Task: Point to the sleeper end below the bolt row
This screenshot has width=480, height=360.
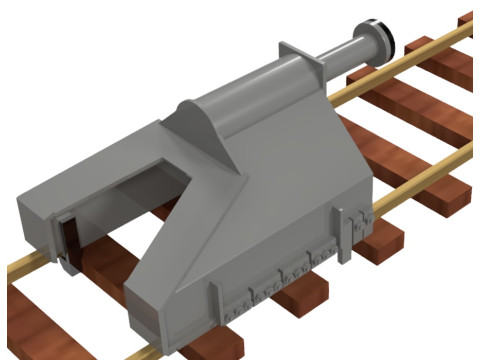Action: (300, 296)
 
